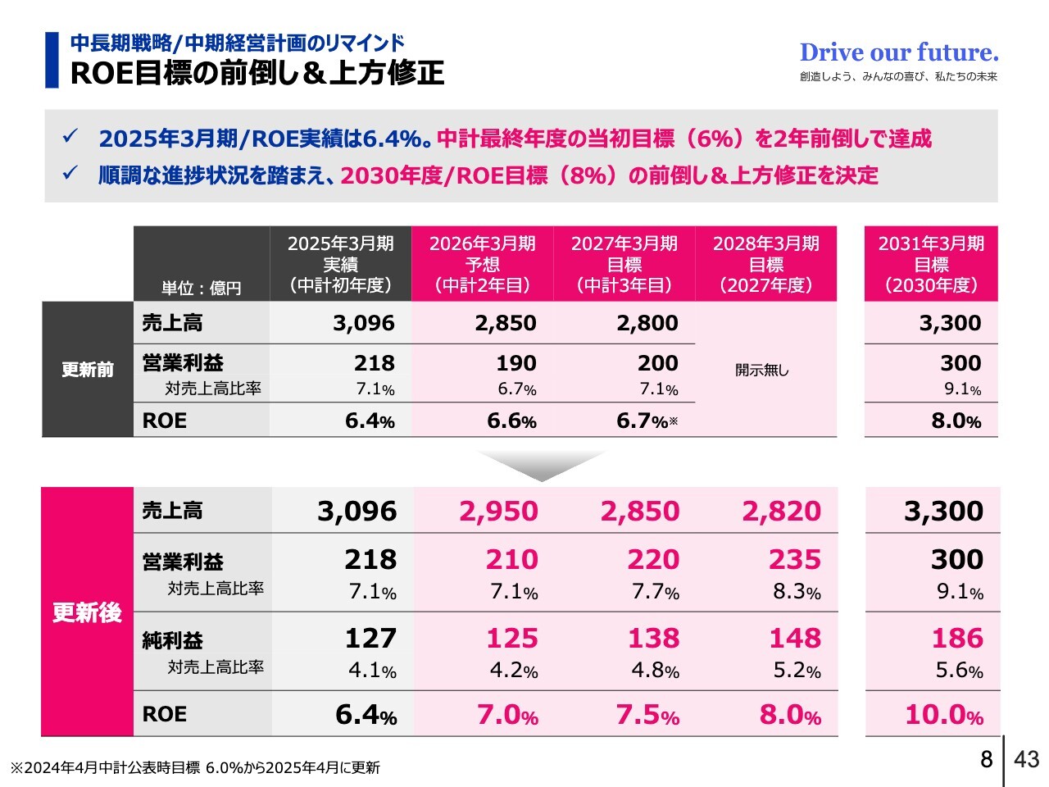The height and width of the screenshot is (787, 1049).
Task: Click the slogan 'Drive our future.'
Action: (899, 53)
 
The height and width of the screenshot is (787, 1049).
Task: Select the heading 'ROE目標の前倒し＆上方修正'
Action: (257, 73)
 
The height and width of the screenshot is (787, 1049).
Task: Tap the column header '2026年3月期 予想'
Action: (483, 264)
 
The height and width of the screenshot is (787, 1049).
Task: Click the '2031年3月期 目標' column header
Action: (931, 264)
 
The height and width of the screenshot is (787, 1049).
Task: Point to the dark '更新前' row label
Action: (88, 370)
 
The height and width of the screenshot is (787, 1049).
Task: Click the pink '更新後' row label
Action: (88, 612)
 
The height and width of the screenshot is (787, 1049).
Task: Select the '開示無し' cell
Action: (762, 370)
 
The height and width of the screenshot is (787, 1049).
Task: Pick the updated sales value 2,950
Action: (498, 511)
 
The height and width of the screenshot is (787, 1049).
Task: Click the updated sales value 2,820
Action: (781, 511)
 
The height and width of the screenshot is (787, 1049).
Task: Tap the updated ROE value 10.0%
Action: (943, 715)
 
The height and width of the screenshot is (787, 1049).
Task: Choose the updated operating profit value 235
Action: (794, 559)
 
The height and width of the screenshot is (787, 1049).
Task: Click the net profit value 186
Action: (957, 638)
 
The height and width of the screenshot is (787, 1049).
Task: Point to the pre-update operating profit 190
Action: (515, 362)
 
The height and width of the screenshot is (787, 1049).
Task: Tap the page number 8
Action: (986, 759)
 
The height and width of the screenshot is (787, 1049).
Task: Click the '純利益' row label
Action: (172, 640)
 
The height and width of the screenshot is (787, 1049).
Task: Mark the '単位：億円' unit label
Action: (201, 289)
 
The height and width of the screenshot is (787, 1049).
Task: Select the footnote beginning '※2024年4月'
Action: (195, 768)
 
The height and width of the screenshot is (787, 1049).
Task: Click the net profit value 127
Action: (370, 638)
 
